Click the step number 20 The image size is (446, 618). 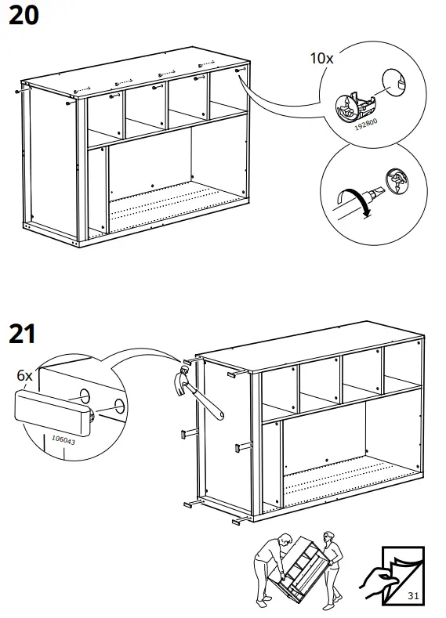(23, 15)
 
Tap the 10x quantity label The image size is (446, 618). (322, 58)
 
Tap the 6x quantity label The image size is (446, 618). (24, 375)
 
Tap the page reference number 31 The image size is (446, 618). (412, 597)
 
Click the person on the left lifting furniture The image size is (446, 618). (270, 571)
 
